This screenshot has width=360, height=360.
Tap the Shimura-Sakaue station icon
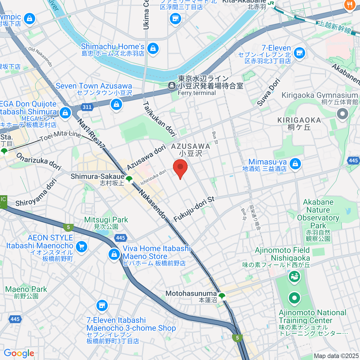129,179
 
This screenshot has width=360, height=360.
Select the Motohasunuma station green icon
222,296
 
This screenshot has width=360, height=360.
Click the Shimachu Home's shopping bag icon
153,49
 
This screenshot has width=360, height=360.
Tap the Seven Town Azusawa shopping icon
116,104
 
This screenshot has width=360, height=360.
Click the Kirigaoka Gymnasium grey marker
342,114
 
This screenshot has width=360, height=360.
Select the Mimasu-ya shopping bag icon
295,164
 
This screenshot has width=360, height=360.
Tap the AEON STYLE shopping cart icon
81,247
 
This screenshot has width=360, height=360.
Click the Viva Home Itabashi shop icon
114,254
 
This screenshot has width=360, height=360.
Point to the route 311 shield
87,107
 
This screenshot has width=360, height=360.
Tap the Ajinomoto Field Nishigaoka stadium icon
294,275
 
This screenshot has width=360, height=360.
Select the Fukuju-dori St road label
194,209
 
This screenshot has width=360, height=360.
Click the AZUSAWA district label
191,146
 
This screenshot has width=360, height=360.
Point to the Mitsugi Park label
106,220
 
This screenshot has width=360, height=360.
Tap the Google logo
19,353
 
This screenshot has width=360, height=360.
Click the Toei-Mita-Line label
61,136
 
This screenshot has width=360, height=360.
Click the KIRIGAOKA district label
299,120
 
